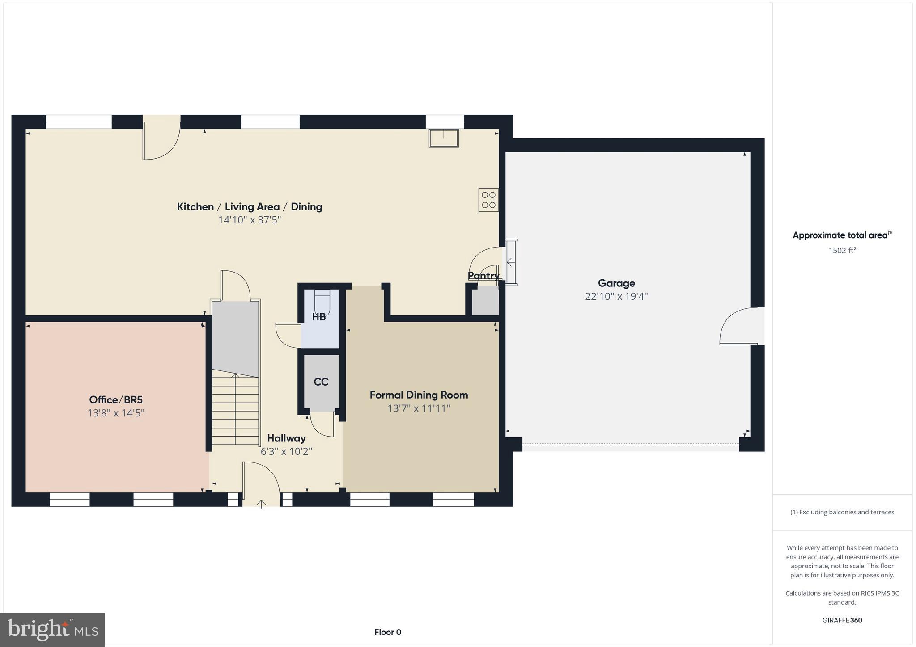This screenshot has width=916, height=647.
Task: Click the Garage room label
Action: (616, 283)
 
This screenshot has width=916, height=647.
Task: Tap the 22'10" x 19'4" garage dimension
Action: (616, 296)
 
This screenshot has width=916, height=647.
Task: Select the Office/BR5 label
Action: (116, 400)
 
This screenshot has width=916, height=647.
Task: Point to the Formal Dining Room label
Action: (419, 395)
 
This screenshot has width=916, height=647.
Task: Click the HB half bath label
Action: (319, 317)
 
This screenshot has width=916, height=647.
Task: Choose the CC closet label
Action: (321, 382)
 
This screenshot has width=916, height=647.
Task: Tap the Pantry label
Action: (483, 276)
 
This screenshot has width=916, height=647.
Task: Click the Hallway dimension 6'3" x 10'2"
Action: (286, 451)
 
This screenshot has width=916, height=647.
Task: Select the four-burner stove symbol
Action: (488, 200)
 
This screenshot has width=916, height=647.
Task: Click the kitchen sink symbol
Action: (444, 138)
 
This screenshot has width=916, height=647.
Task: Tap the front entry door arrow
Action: (262, 504)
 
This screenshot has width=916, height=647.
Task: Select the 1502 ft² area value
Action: (842, 250)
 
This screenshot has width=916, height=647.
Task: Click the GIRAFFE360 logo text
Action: (842, 620)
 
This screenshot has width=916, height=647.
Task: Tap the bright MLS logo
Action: (53, 630)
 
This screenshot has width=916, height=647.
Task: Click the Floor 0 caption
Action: (388, 632)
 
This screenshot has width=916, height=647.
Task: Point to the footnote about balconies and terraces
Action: (842, 512)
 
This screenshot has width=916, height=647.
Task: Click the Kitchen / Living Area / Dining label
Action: (250, 206)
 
